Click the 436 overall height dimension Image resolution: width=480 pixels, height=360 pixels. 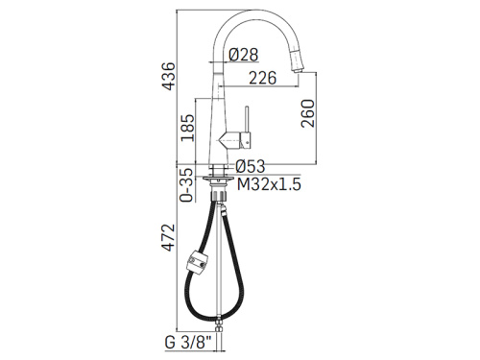(168, 76)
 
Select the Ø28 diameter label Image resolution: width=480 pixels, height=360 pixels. (244, 55)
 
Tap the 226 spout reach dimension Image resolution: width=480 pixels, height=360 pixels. (262, 78)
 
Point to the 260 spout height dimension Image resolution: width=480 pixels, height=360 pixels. (308, 113)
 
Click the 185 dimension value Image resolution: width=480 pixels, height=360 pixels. (187, 128)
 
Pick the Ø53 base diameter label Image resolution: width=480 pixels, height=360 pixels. (251, 166)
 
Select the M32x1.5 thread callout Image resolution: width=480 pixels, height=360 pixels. (269, 184)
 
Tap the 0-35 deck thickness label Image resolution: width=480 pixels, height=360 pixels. (187, 185)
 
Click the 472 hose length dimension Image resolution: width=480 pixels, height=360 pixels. (168, 237)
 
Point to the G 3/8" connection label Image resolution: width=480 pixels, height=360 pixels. (188, 343)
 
